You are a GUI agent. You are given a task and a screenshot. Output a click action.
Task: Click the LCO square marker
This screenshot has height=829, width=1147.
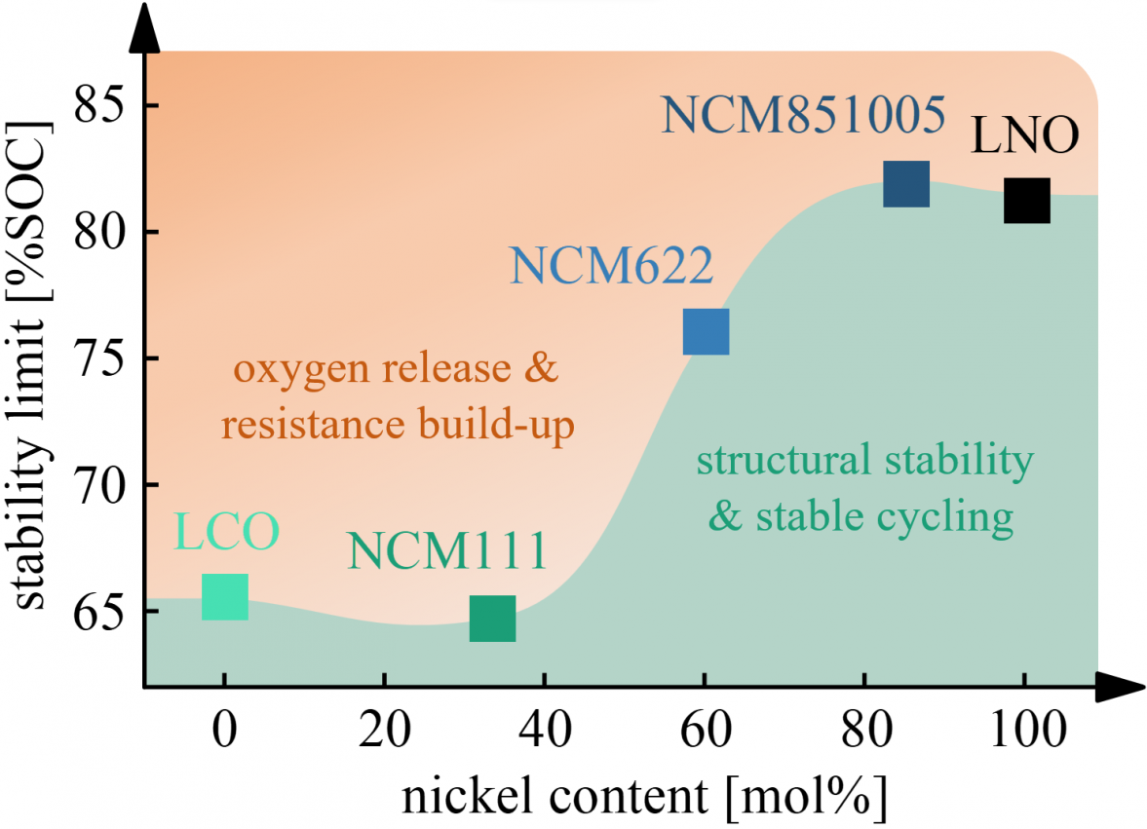pyautogui.click(x=224, y=597)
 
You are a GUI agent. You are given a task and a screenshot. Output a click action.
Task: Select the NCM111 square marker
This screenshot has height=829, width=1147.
pyautogui.click(x=492, y=619)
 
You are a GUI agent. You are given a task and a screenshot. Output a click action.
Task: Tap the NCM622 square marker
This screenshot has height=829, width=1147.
pyautogui.click(x=706, y=331)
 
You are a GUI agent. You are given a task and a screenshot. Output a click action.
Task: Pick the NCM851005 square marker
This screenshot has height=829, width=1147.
pyautogui.click(x=906, y=184)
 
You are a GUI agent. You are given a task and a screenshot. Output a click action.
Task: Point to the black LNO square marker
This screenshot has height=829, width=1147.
pyautogui.click(x=1027, y=201)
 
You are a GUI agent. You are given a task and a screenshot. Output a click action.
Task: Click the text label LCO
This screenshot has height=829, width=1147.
pyautogui.click(x=227, y=532)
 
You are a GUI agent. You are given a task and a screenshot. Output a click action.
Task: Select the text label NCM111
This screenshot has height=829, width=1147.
pyautogui.click(x=446, y=550)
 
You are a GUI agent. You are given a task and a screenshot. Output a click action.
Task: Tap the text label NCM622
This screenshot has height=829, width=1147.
pyautogui.click(x=611, y=265)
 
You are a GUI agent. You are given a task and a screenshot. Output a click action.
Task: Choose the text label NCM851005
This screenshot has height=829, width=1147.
pyautogui.click(x=804, y=116)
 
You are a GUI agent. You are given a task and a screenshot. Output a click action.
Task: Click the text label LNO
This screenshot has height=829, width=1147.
pyautogui.click(x=1025, y=136)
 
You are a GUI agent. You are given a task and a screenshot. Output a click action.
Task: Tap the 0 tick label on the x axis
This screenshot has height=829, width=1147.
pyautogui.click(x=224, y=733)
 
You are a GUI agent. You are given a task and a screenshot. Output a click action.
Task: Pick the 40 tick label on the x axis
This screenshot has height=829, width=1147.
pyautogui.click(x=544, y=733)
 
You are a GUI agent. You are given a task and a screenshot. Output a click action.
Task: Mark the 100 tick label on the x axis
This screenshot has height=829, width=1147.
pyautogui.click(x=1024, y=733)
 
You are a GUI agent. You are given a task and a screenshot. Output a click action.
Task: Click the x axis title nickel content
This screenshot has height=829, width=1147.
pyautogui.click(x=644, y=797)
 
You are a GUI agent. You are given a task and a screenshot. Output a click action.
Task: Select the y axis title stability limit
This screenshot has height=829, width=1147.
pyautogui.click(x=32, y=365)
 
